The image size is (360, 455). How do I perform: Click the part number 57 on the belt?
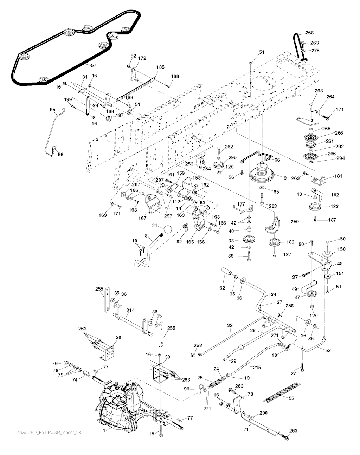click(x=94, y=65)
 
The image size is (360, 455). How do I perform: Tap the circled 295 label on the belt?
click(x=87, y=28)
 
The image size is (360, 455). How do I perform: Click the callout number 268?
click(x=309, y=33)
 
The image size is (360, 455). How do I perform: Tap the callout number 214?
click(x=130, y=311)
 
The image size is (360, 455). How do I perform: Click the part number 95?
click(x=53, y=110)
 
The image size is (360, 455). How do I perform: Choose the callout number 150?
click(x=341, y=249)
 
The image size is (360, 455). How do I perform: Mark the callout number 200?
click(x=263, y=413)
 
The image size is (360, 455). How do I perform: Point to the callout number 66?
click(x=277, y=160)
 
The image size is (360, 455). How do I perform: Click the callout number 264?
click(x=330, y=97)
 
